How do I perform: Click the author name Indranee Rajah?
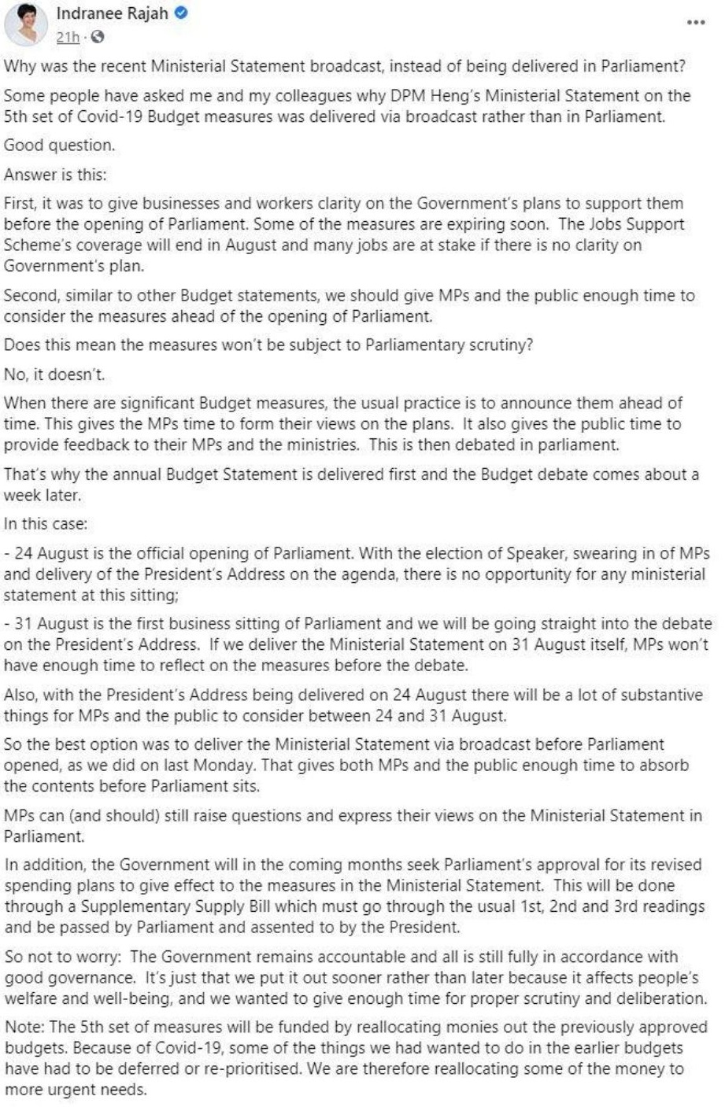coord(112,13)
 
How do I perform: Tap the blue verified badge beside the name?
coord(181,13)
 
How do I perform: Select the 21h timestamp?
coord(68,37)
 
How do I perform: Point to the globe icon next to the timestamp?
coord(97,37)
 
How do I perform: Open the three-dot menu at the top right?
coord(695,22)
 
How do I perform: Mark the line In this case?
coord(46,523)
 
